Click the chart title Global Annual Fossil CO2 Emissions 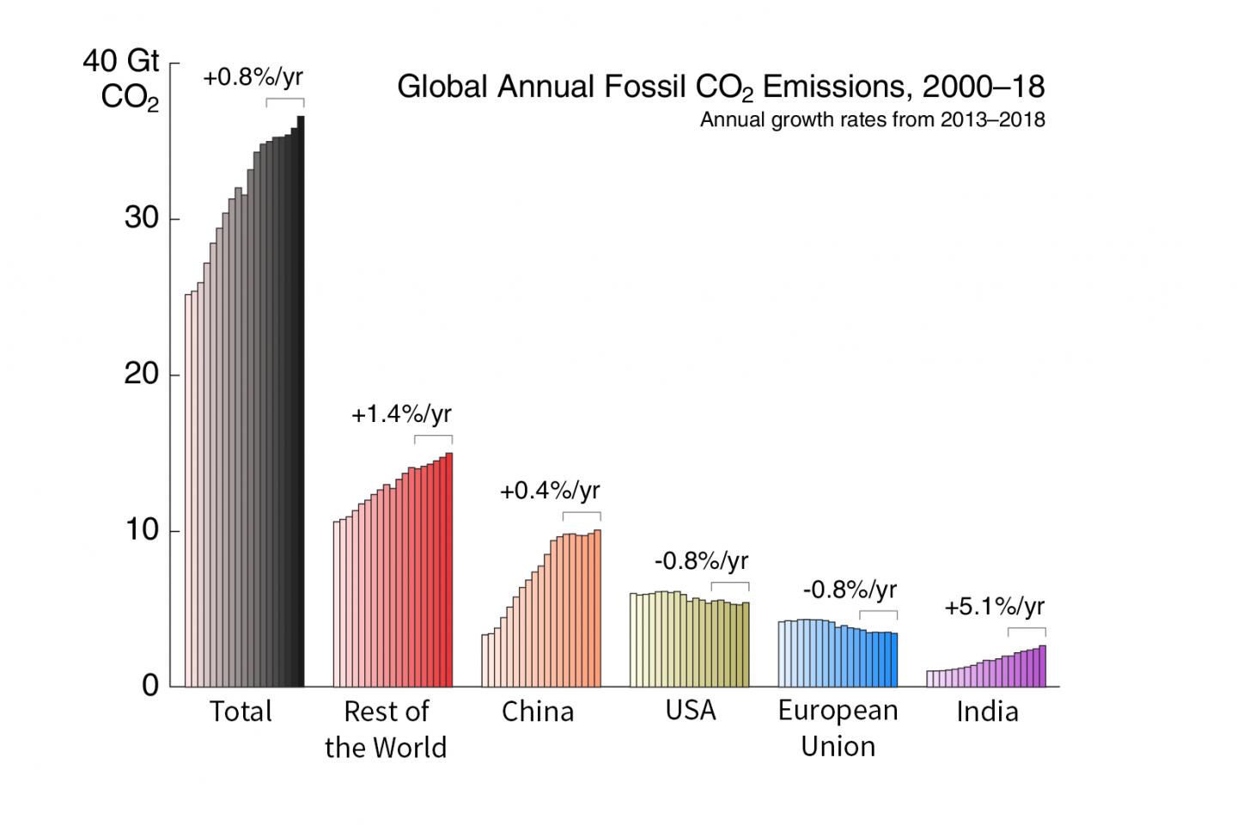pyautogui.click(x=720, y=88)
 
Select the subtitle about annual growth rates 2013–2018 pyautogui.click(x=872, y=119)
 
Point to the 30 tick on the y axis pyautogui.click(x=141, y=219)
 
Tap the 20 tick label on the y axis pyautogui.click(x=141, y=375)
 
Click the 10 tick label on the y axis pyautogui.click(x=141, y=530)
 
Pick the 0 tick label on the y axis pyautogui.click(x=150, y=686)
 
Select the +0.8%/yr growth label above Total pyautogui.click(x=253, y=77)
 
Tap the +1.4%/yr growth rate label pyautogui.click(x=401, y=415)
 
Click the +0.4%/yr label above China pyautogui.click(x=550, y=491)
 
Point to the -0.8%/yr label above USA pyautogui.click(x=701, y=562)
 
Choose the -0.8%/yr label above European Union pyautogui.click(x=850, y=590)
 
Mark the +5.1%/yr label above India pyautogui.click(x=995, y=608)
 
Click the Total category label pyautogui.click(x=241, y=712)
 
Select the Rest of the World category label pyautogui.click(x=386, y=729)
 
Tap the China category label pyautogui.click(x=538, y=712)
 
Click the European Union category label pyautogui.click(x=838, y=729)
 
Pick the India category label pyautogui.click(x=987, y=712)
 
